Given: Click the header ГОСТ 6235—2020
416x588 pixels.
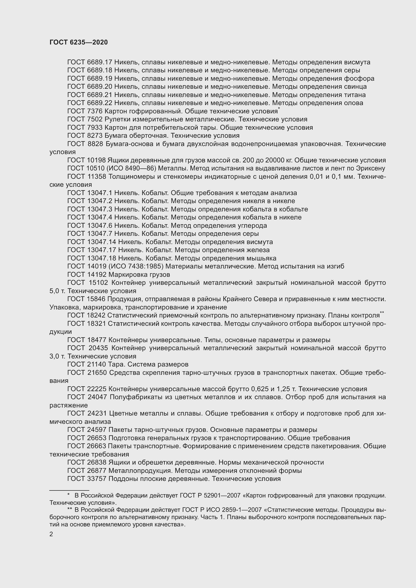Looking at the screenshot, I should [79, 42].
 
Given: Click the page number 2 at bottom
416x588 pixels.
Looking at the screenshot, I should [51, 534].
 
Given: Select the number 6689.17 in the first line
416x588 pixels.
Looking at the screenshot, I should [100, 62].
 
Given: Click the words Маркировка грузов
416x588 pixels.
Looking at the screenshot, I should [139, 275].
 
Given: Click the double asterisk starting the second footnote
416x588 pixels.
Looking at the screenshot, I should [69, 509].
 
